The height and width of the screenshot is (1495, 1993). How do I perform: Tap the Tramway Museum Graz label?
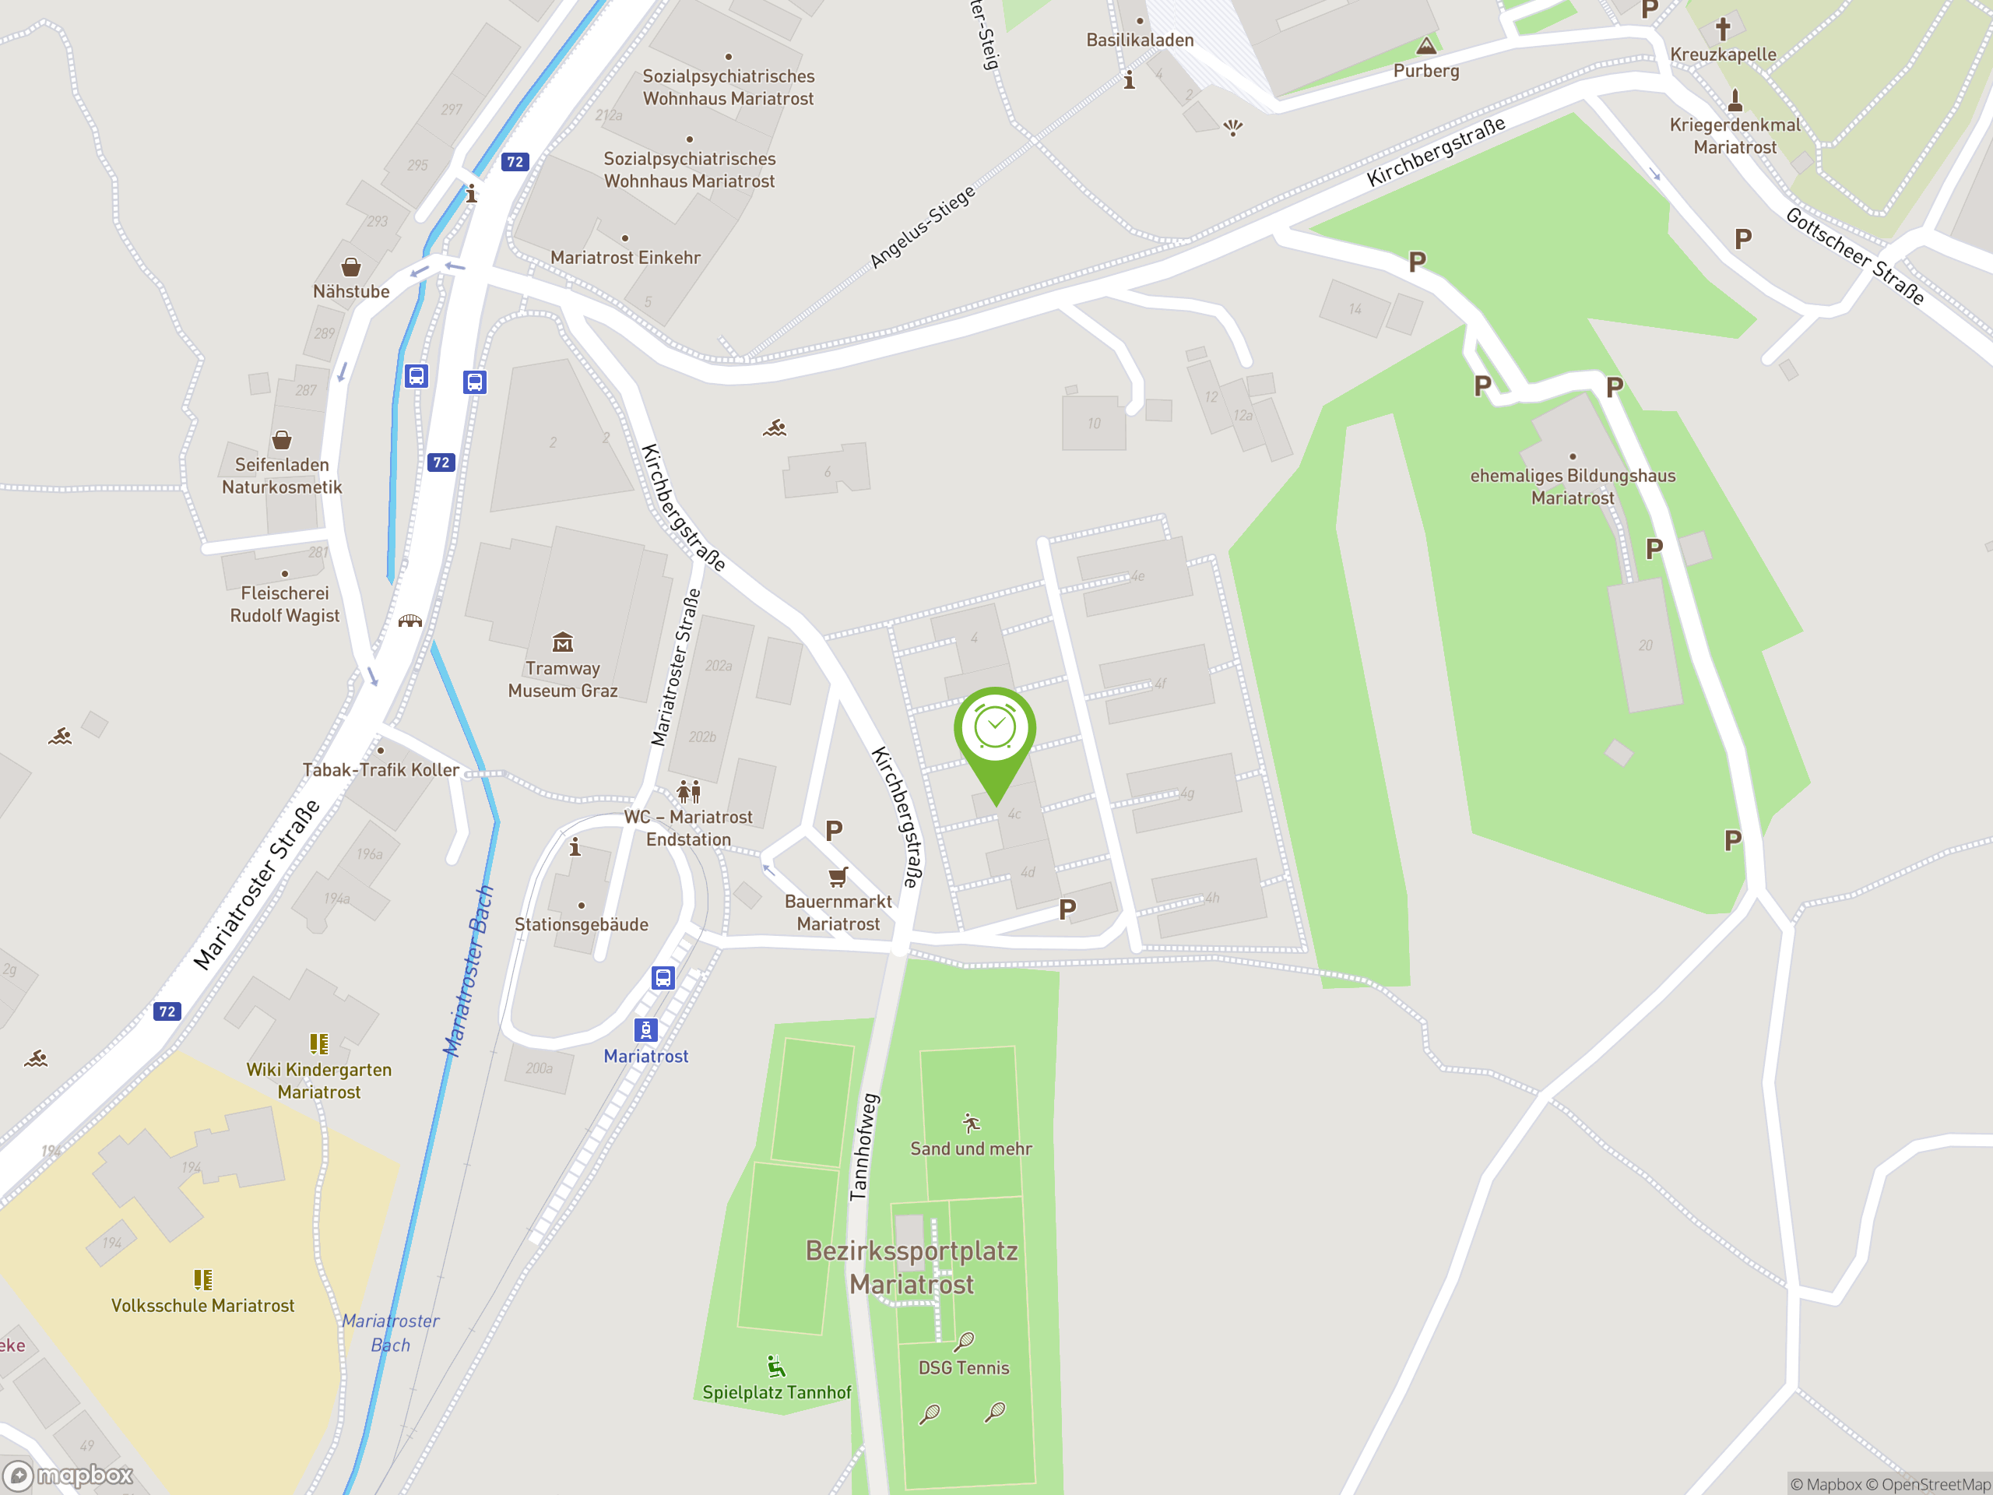pyautogui.click(x=562, y=680)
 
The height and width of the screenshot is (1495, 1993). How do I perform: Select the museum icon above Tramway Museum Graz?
pyautogui.click(x=562, y=642)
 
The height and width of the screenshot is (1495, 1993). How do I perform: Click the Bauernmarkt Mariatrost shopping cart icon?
pyautogui.click(x=838, y=876)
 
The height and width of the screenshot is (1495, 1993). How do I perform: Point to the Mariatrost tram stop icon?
pyautogui.click(x=646, y=1029)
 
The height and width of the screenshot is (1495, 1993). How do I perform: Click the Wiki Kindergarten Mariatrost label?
pyautogui.click(x=319, y=1081)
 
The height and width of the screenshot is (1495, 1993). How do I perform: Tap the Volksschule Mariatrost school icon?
pyautogui.click(x=202, y=1279)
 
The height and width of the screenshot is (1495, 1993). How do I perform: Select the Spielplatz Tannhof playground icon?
pyautogui.click(x=775, y=1367)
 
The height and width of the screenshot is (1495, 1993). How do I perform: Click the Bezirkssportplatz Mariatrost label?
pyautogui.click(x=912, y=1267)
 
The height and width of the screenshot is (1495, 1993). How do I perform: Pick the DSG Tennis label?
pyautogui.click(x=963, y=1368)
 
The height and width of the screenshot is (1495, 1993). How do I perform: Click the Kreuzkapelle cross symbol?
pyautogui.click(x=1723, y=28)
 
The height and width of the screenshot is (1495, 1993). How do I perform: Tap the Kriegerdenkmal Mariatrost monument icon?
pyautogui.click(x=1735, y=99)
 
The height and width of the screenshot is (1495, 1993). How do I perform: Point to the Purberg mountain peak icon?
pyautogui.click(x=1425, y=46)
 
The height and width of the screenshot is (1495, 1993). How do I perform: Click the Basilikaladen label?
pyautogui.click(x=1140, y=40)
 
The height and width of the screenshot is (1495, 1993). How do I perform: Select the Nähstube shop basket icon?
pyautogui.click(x=350, y=267)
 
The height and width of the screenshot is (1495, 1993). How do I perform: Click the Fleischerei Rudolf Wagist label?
pyautogui.click(x=285, y=603)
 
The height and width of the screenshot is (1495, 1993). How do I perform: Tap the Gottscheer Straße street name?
pyautogui.click(x=1854, y=255)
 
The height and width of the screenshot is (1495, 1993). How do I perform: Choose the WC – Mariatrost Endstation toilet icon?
pyautogui.click(x=688, y=791)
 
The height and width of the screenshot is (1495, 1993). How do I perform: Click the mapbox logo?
pyautogui.click(x=69, y=1476)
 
